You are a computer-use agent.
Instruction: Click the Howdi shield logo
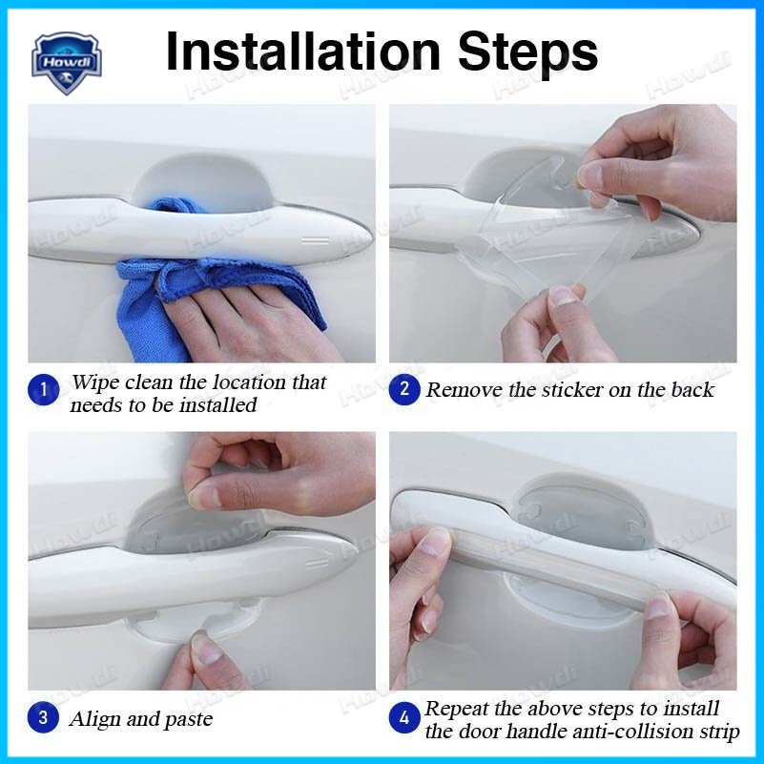click(66, 63)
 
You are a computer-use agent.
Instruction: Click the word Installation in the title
click(303, 52)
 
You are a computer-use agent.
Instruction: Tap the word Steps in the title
click(527, 52)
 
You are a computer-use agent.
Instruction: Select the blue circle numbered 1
click(43, 389)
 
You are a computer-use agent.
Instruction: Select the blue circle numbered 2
click(404, 389)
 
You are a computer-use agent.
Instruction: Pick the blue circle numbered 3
click(43, 717)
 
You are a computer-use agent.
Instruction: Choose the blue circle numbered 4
click(404, 717)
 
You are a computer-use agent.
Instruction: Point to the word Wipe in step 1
click(95, 382)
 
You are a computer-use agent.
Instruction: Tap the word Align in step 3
click(94, 719)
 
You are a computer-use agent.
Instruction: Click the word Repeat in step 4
click(457, 709)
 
